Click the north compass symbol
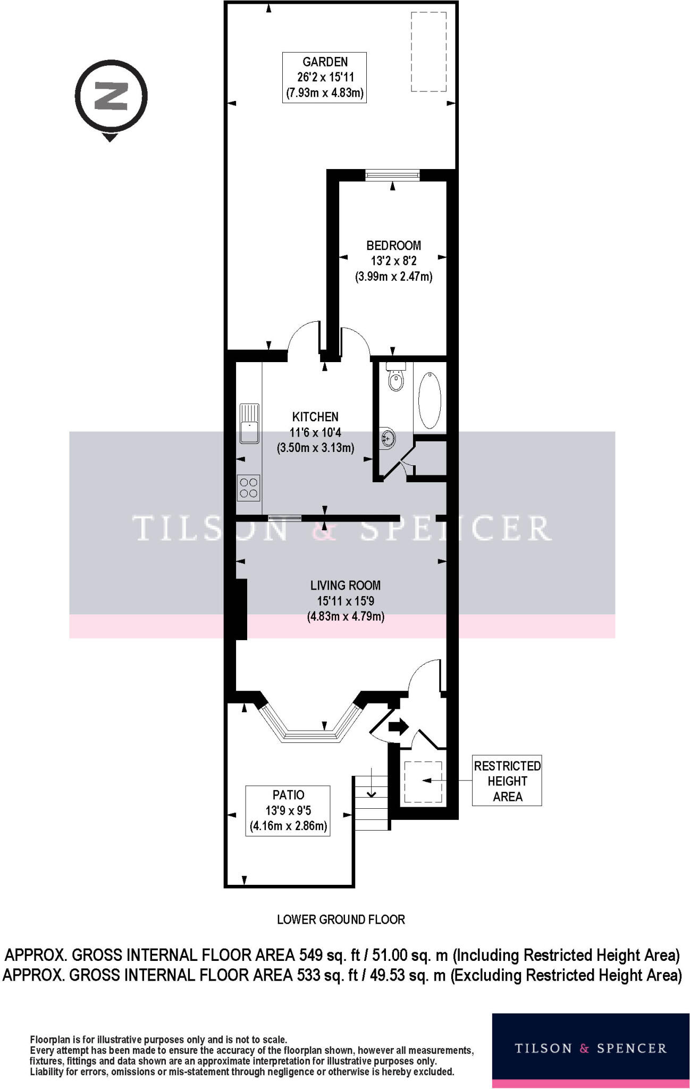(x=111, y=97)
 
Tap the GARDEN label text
(x=325, y=62)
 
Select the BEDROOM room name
(x=393, y=246)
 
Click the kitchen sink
(x=249, y=423)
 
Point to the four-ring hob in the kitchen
(x=248, y=488)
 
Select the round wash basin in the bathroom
(x=389, y=438)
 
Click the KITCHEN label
(x=315, y=417)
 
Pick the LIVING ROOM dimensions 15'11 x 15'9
(x=346, y=601)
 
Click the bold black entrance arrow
(x=398, y=726)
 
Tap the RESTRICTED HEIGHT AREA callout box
(x=507, y=781)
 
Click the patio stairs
(x=372, y=803)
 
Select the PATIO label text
(x=288, y=795)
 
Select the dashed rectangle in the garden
(x=428, y=52)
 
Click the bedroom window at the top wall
(x=393, y=174)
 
